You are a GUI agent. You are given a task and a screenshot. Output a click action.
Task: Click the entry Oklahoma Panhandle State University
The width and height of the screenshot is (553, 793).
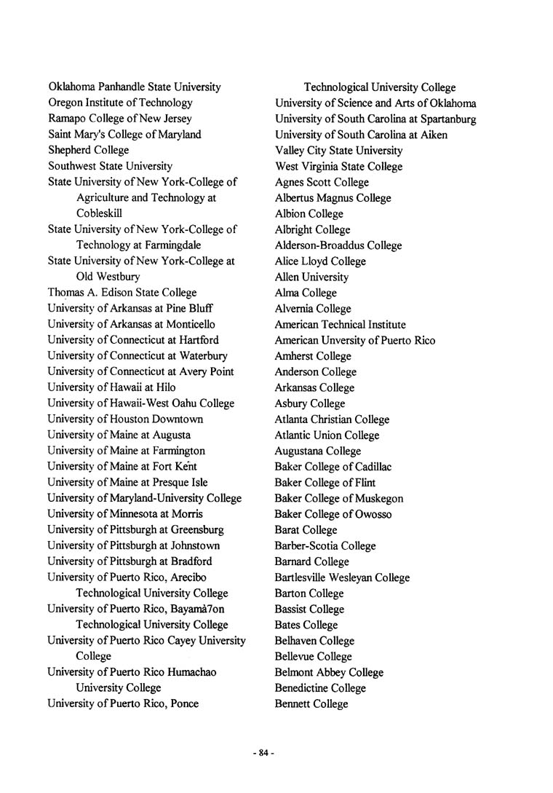[x=135, y=87]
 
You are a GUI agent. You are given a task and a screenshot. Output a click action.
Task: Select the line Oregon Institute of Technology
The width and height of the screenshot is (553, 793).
[x=120, y=103]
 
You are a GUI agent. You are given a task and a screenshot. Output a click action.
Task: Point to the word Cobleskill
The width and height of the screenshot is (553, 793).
[x=99, y=213]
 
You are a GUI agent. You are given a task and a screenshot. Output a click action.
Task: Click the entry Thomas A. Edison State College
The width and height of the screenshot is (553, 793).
[x=122, y=293]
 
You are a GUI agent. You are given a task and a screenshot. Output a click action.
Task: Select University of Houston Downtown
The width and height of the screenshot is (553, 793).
[x=125, y=419]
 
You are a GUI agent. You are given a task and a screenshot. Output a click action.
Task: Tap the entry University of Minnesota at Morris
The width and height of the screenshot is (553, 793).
[x=125, y=514]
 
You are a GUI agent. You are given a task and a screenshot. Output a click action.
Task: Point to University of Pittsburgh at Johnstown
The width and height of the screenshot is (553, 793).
[x=134, y=545]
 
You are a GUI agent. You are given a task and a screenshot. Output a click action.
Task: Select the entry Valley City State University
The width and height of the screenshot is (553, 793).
[x=338, y=151]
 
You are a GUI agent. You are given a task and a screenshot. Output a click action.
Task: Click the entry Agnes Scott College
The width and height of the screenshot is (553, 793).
[x=322, y=182]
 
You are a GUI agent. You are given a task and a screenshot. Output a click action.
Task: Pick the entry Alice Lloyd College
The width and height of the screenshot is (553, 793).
[x=320, y=261]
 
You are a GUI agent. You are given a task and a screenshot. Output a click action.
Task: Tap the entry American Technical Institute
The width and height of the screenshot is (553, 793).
[x=341, y=325]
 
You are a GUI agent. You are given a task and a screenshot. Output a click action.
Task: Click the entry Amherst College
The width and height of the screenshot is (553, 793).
[x=313, y=356]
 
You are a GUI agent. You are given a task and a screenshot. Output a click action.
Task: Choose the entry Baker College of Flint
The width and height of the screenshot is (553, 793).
[x=325, y=483]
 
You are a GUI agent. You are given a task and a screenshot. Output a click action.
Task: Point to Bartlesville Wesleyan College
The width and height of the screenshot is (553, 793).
[x=342, y=577]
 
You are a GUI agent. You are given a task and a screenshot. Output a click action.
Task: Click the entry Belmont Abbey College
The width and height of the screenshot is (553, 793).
[x=329, y=673]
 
